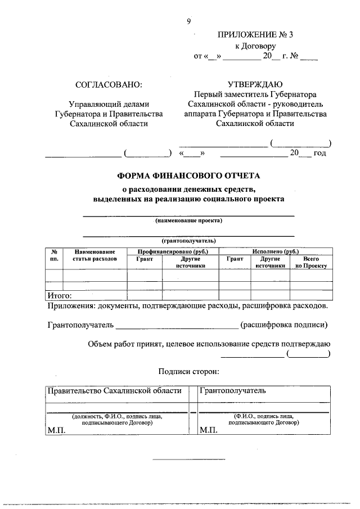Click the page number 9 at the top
tap(189, 21)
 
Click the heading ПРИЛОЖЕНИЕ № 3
tap(255, 34)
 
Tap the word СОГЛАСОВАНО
tap(109, 85)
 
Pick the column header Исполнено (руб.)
tap(276, 252)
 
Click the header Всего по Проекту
tap(311, 262)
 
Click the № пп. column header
tap(53, 255)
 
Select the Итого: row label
tap(58, 295)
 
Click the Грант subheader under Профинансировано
tap(145, 259)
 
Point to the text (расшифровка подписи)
tap(283, 325)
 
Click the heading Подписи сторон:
tap(188, 371)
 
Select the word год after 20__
tap(320, 153)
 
